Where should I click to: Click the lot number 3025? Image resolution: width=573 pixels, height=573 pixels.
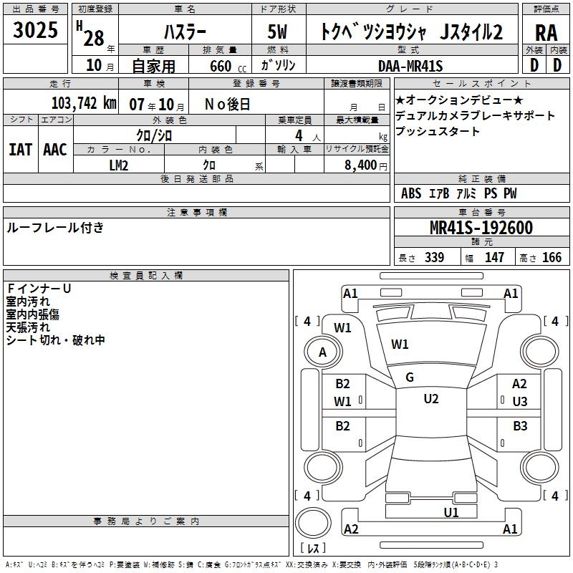(35, 30)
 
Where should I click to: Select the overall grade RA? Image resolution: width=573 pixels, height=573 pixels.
(546, 33)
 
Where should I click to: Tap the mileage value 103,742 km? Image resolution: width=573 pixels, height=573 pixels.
(84, 103)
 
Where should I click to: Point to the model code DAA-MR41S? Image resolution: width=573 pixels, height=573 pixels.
(410, 66)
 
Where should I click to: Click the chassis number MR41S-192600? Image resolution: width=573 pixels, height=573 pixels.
(481, 228)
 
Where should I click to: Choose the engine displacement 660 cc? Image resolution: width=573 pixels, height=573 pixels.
(228, 67)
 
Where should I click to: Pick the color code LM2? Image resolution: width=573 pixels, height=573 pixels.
(119, 165)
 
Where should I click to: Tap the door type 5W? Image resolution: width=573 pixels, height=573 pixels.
(277, 32)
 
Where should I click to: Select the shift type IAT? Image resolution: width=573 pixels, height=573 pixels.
(21, 150)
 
